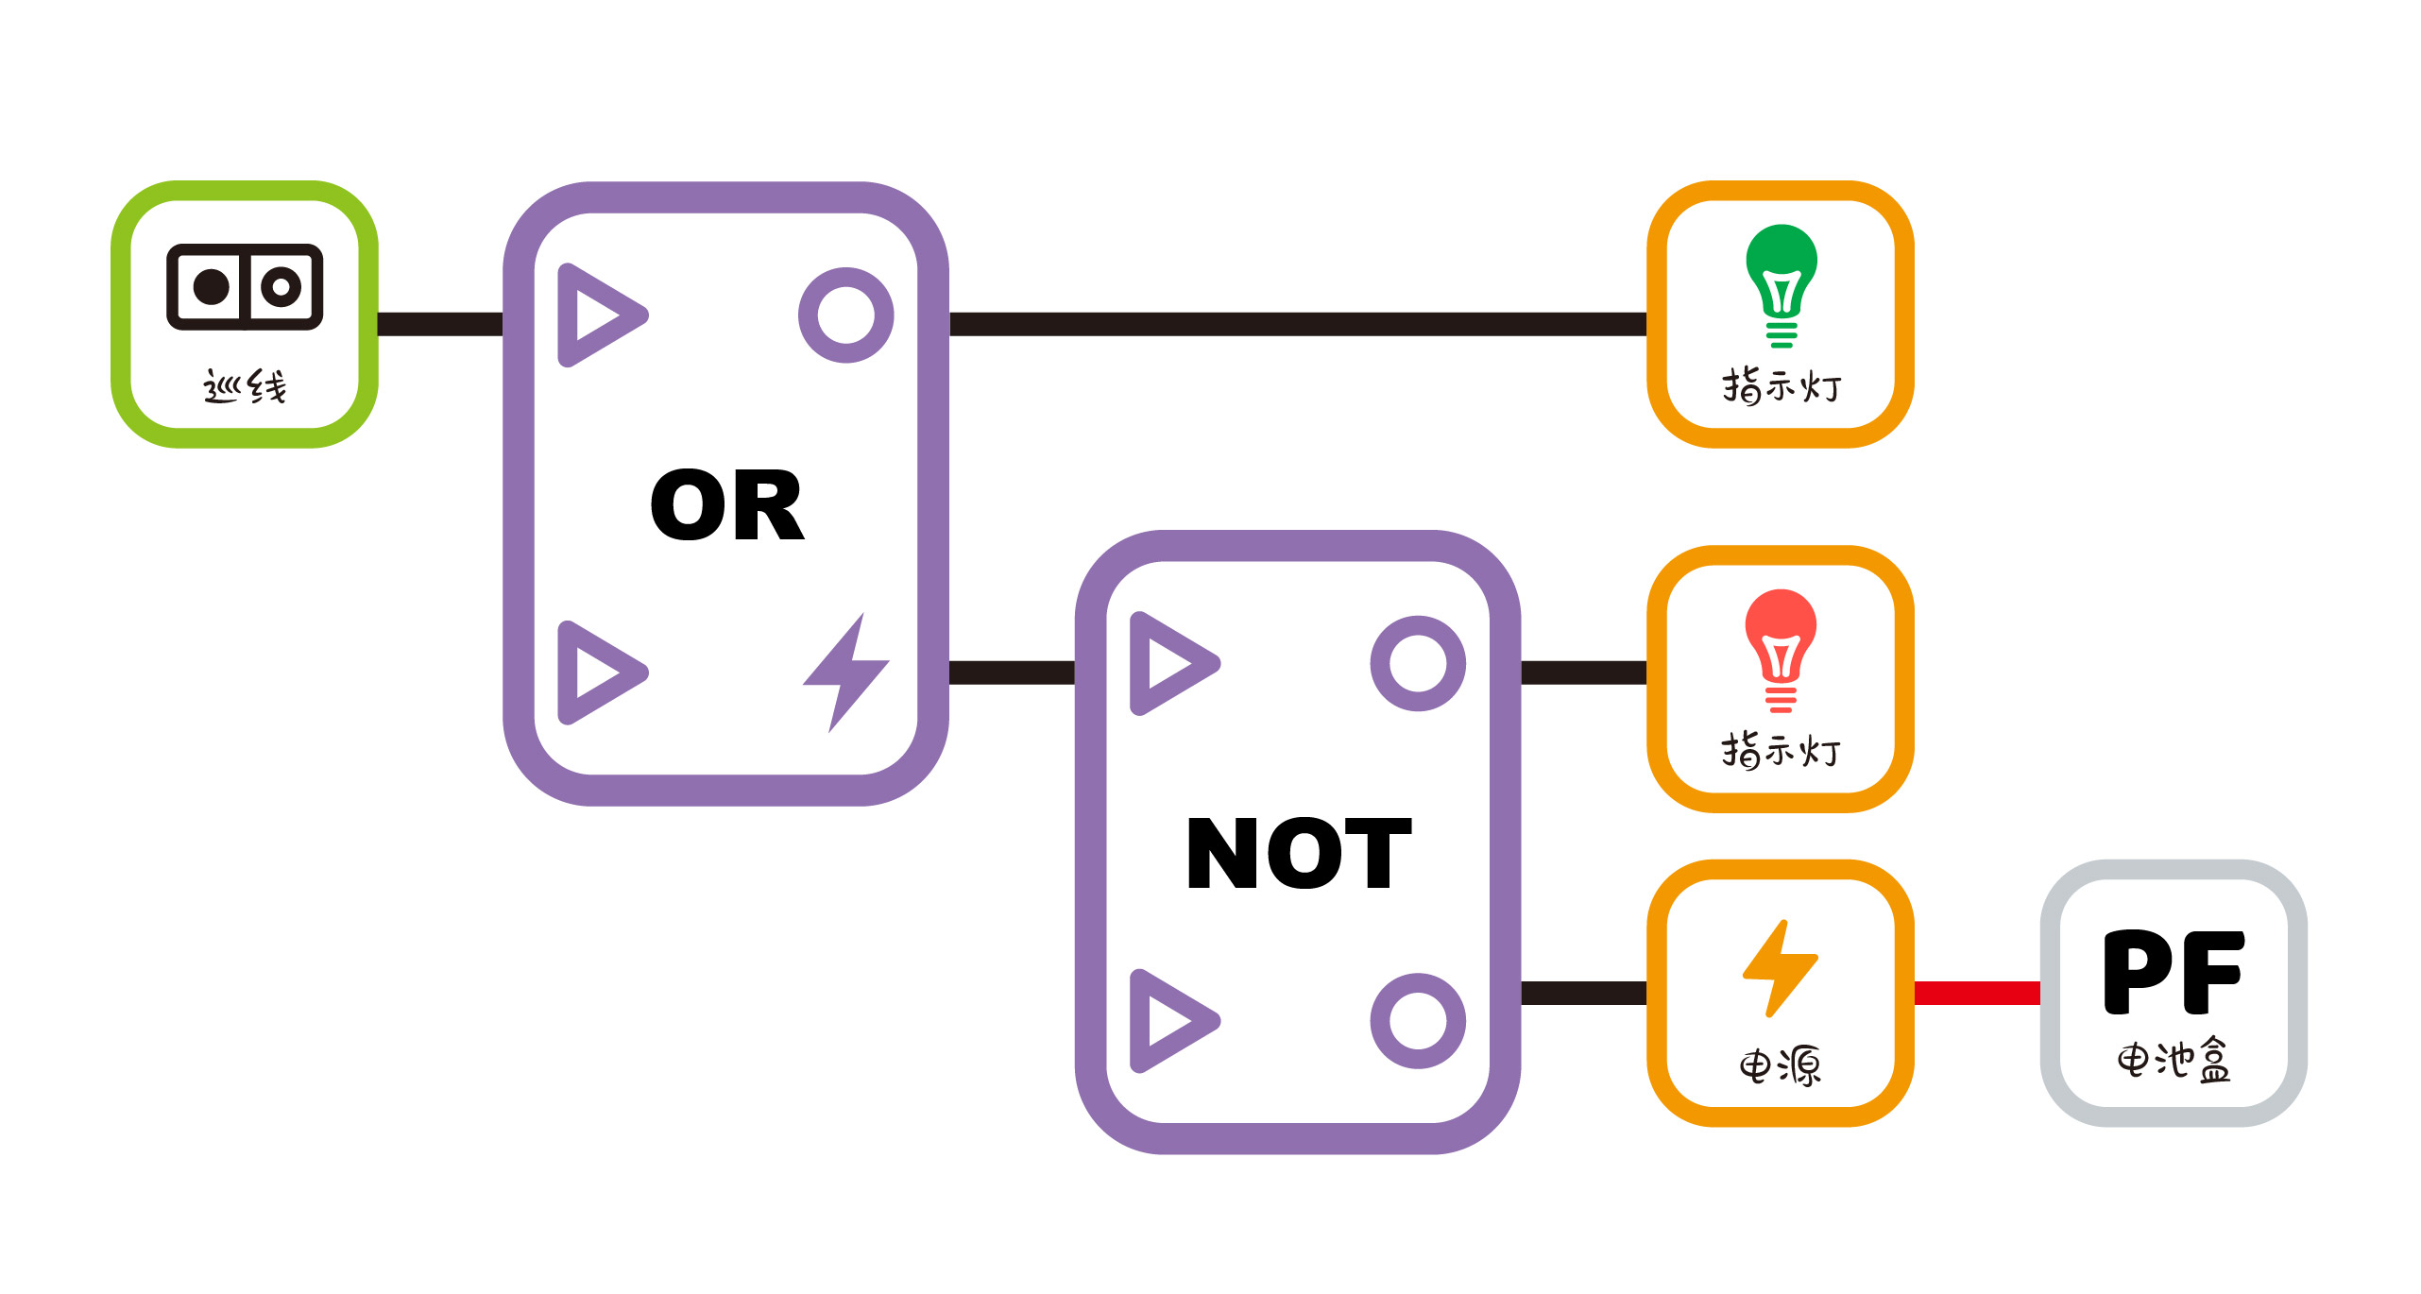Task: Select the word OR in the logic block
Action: click(727, 506)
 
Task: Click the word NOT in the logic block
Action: click(1298, 854)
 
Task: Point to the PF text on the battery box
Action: click(2174, 972)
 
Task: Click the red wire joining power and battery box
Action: click(1977, 993)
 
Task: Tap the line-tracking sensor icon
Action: click(245, 287)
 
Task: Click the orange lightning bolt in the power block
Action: click(1780, 968)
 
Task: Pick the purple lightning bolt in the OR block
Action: click(846, 672)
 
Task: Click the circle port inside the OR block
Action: click(845, 315)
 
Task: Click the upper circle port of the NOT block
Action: click(1418, 663)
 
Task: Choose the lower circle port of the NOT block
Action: click(1418, 1020)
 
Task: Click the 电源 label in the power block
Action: click(1780, 1066)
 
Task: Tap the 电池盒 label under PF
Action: click(2174, 1060)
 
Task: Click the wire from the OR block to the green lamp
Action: click(1298, 324)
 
